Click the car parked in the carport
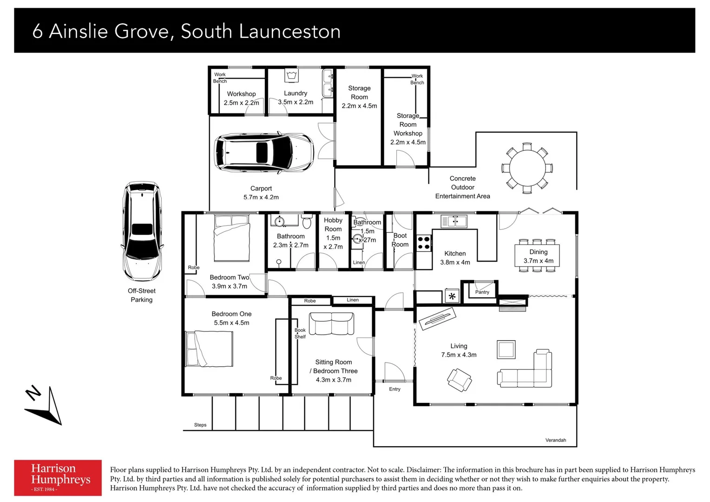(263, 153)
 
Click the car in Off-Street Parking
(142, 231)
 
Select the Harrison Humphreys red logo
(58, 477)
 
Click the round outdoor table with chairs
(527, 168)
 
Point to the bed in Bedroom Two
(231, 238)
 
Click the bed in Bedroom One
(209, 349)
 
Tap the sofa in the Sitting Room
(331, 324)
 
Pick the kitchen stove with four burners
(423, 244)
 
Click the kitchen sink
(454, 221)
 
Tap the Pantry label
(482, 292)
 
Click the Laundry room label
(296, 93)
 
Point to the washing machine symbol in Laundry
(291, 75)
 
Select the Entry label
(394, 389)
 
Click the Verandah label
(555, 440)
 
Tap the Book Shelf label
(300, 333)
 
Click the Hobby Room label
(333, 225)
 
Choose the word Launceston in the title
(289, 32)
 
